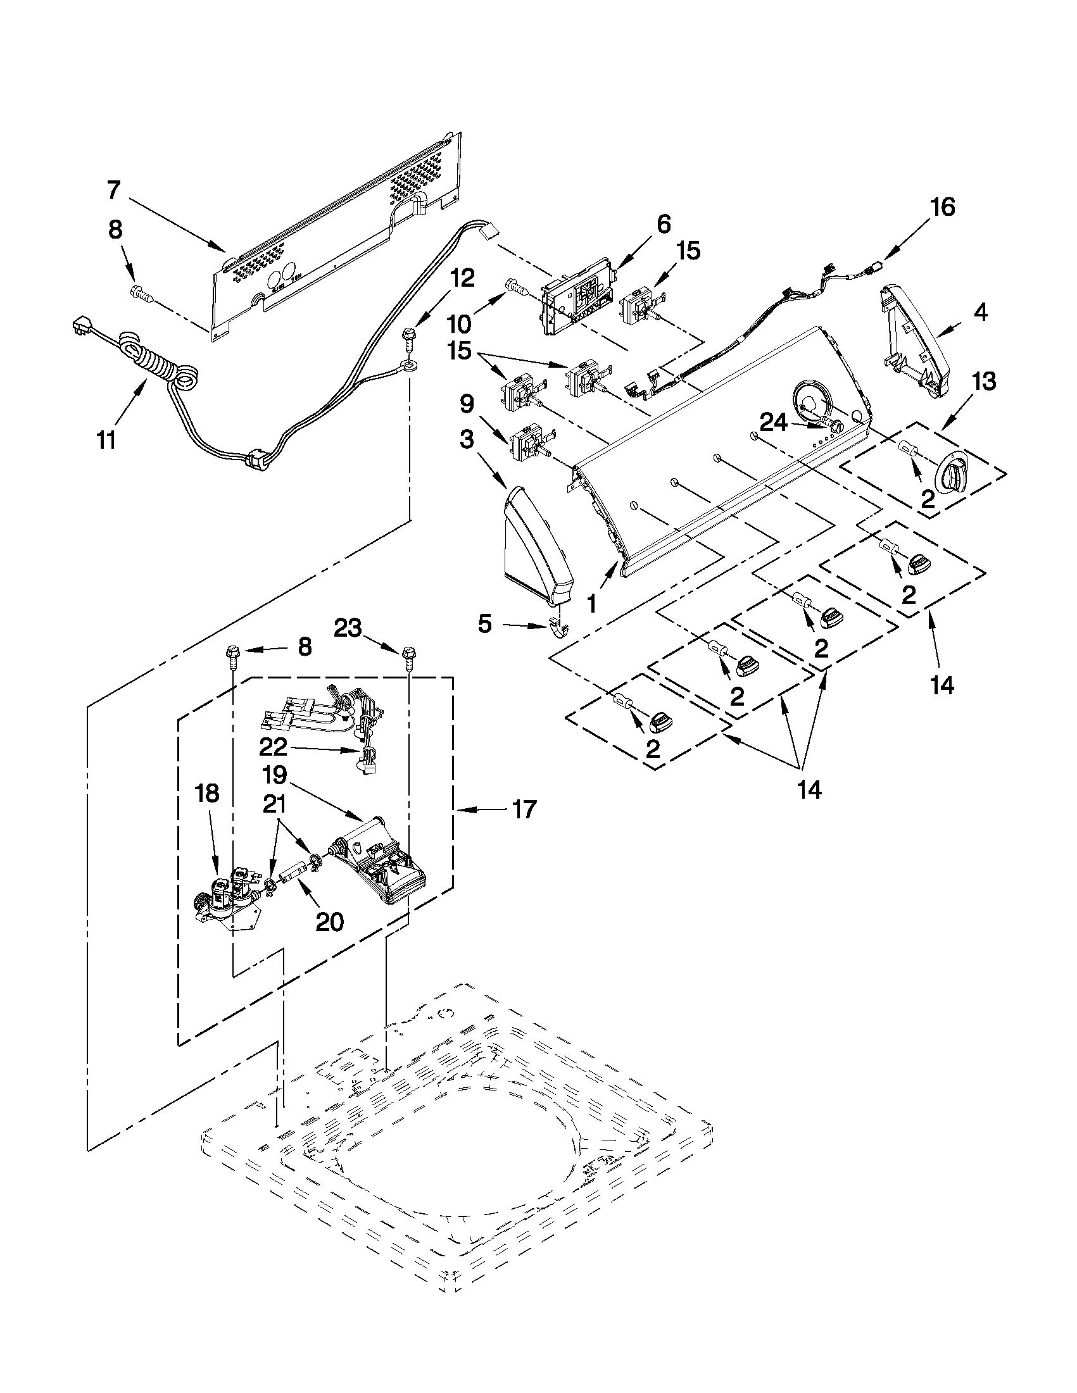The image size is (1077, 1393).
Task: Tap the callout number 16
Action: pyautogui.click(x=942, y=208)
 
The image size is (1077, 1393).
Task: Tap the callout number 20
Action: pyautogui.click(x=329, y=921)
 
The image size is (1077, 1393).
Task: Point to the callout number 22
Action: pyautogui.click(x=273, y=746)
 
